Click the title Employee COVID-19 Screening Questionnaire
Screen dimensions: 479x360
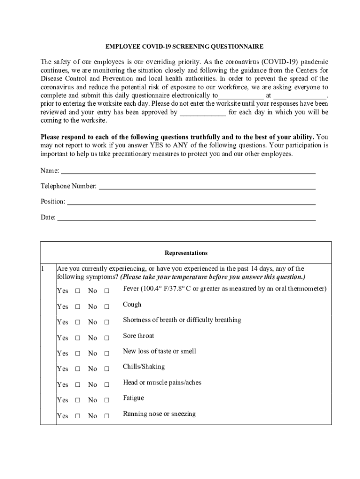(184, 47)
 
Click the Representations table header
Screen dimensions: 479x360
(186, 253)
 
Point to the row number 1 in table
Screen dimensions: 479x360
(43, 269)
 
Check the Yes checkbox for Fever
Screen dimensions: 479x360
(78, 291)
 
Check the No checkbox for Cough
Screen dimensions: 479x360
(107, 307)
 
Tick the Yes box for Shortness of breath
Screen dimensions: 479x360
(78, 322)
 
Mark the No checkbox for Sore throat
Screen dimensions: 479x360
(107, 338)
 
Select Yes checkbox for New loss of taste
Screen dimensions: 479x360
(78, 354)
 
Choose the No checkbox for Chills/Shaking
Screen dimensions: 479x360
(107, 369)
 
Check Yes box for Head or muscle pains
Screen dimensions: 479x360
(78, 385)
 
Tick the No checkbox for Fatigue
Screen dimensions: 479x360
(107, 400)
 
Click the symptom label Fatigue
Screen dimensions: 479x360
(133, 398)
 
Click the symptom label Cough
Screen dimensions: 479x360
(132, 305)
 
